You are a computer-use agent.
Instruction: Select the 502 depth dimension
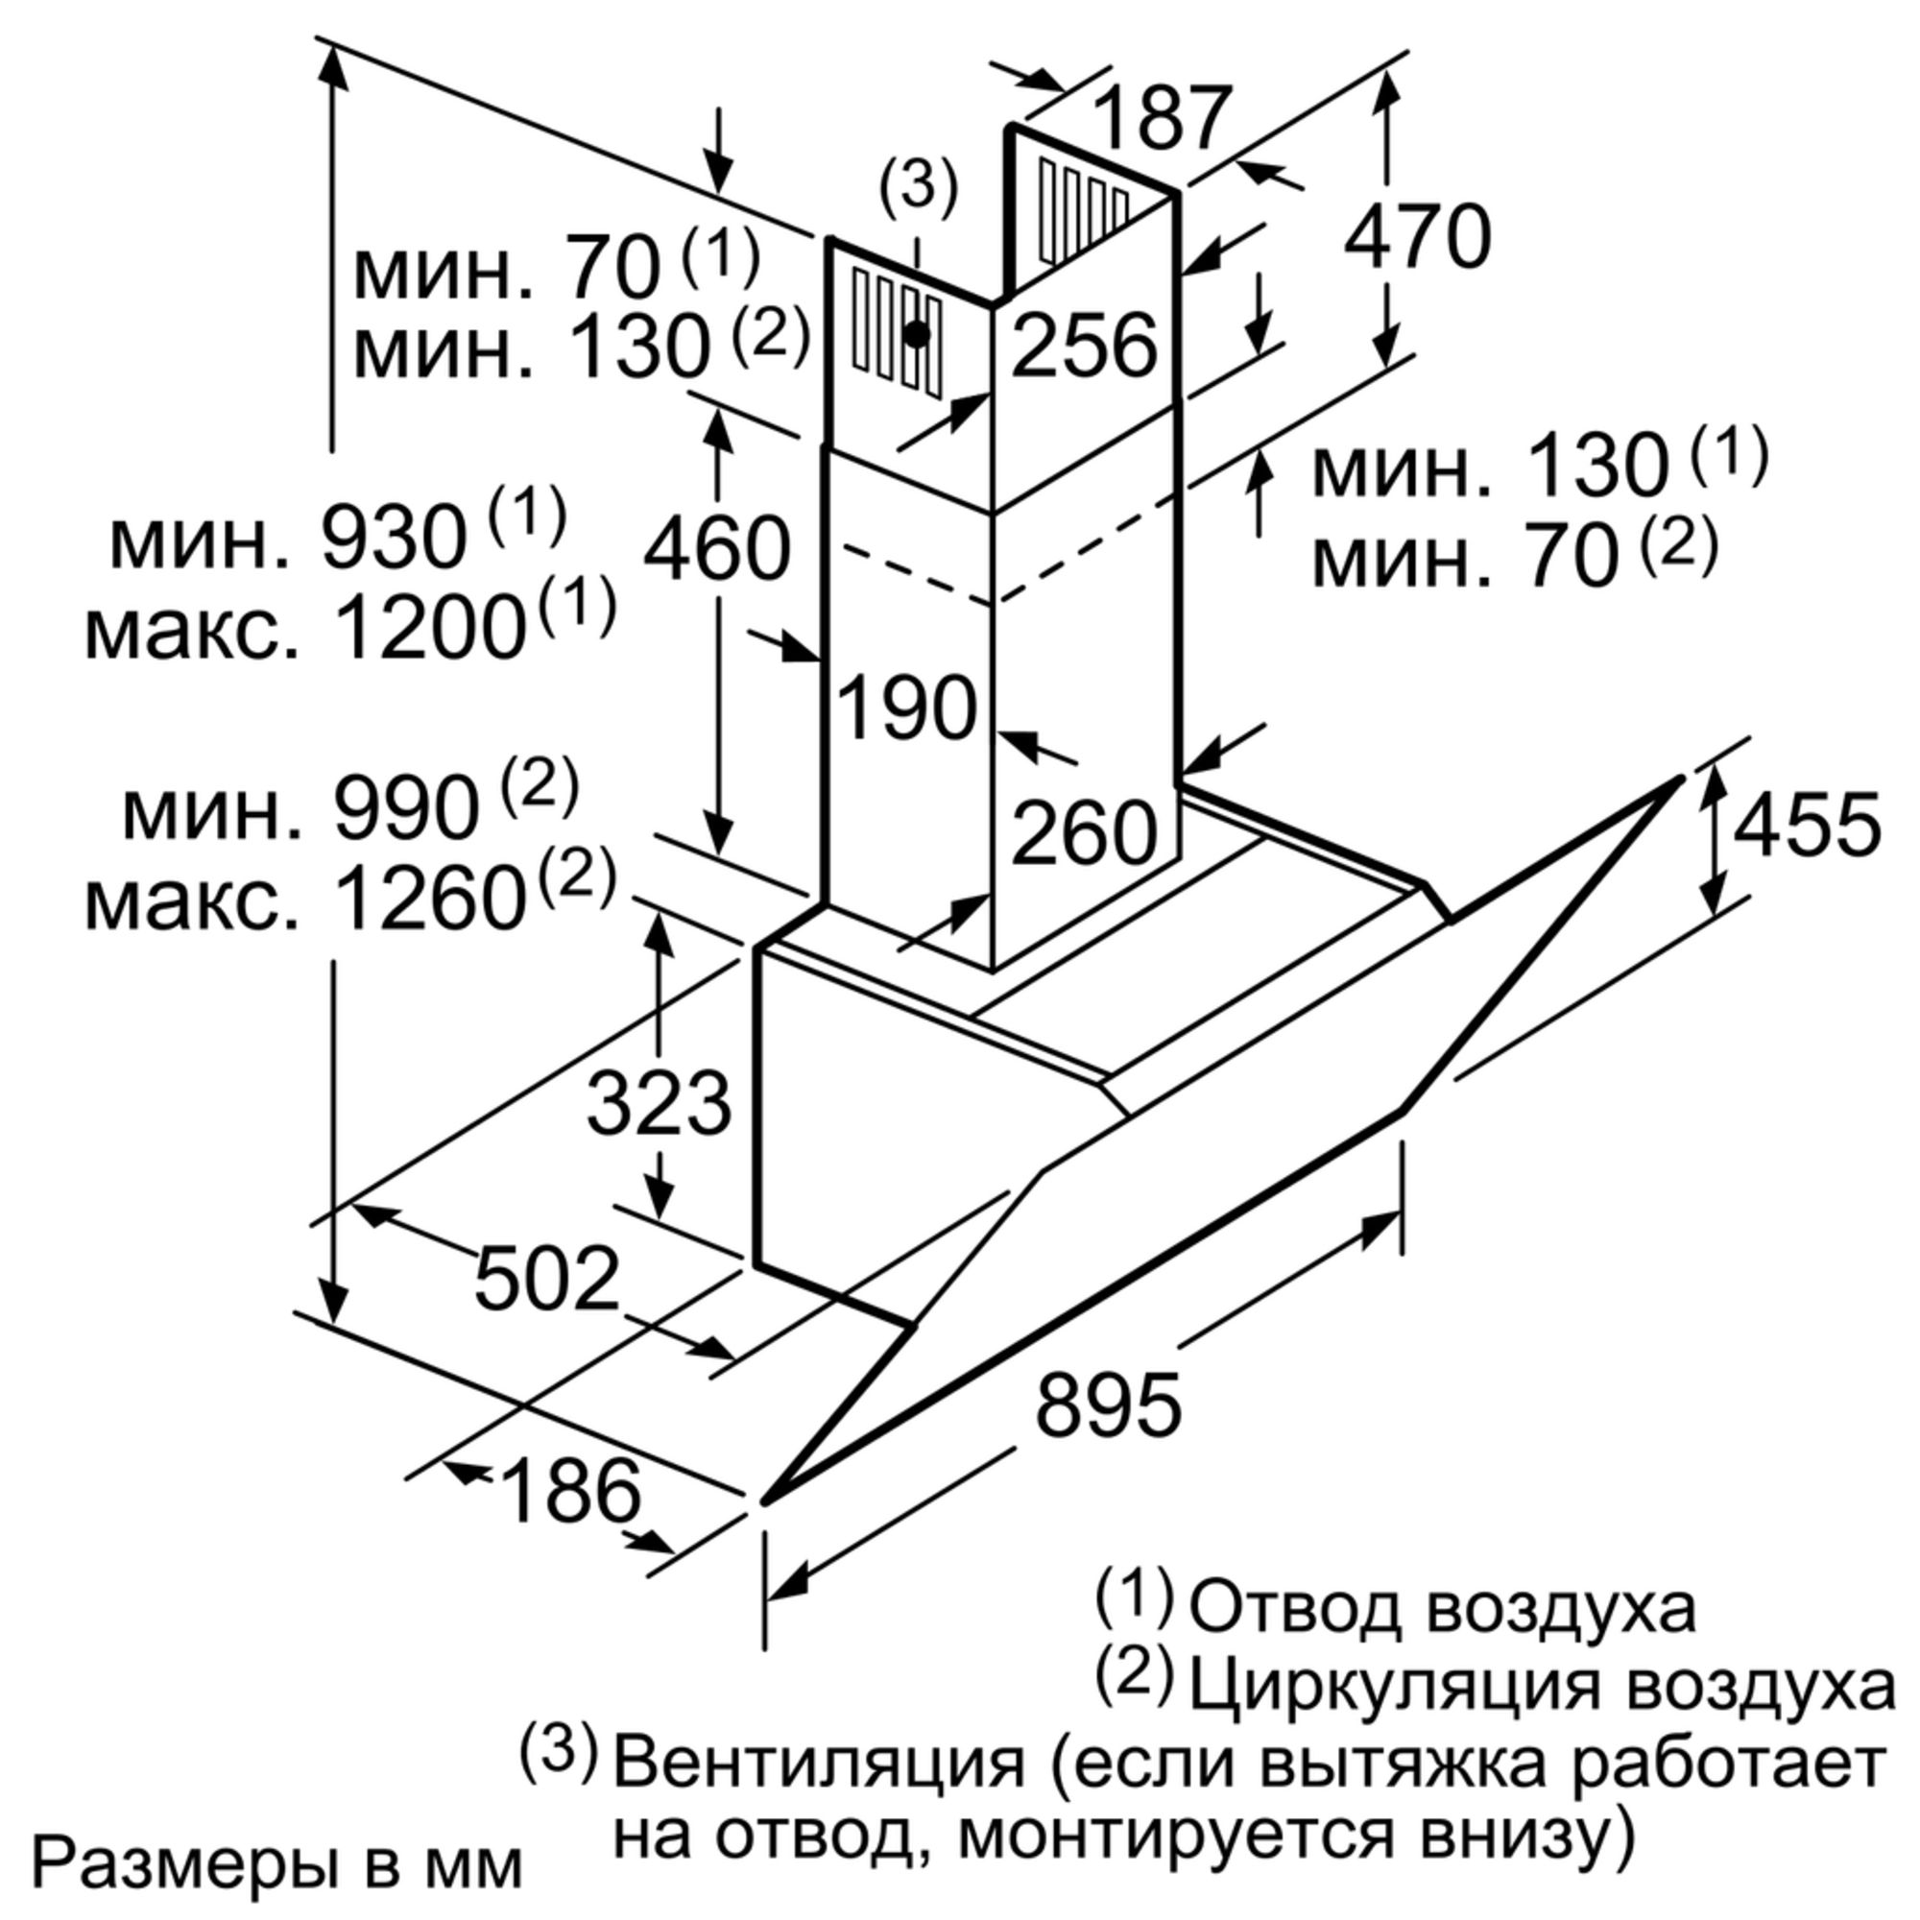point(547,1278)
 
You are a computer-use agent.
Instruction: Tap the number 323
point(659,1103)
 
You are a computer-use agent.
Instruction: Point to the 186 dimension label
point(571,1491)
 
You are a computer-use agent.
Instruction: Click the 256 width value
point(1085,345)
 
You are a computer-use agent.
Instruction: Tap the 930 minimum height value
point(395,538)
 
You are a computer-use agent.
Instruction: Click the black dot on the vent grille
point(917,335)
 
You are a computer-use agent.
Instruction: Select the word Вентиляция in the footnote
point(819,1766)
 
